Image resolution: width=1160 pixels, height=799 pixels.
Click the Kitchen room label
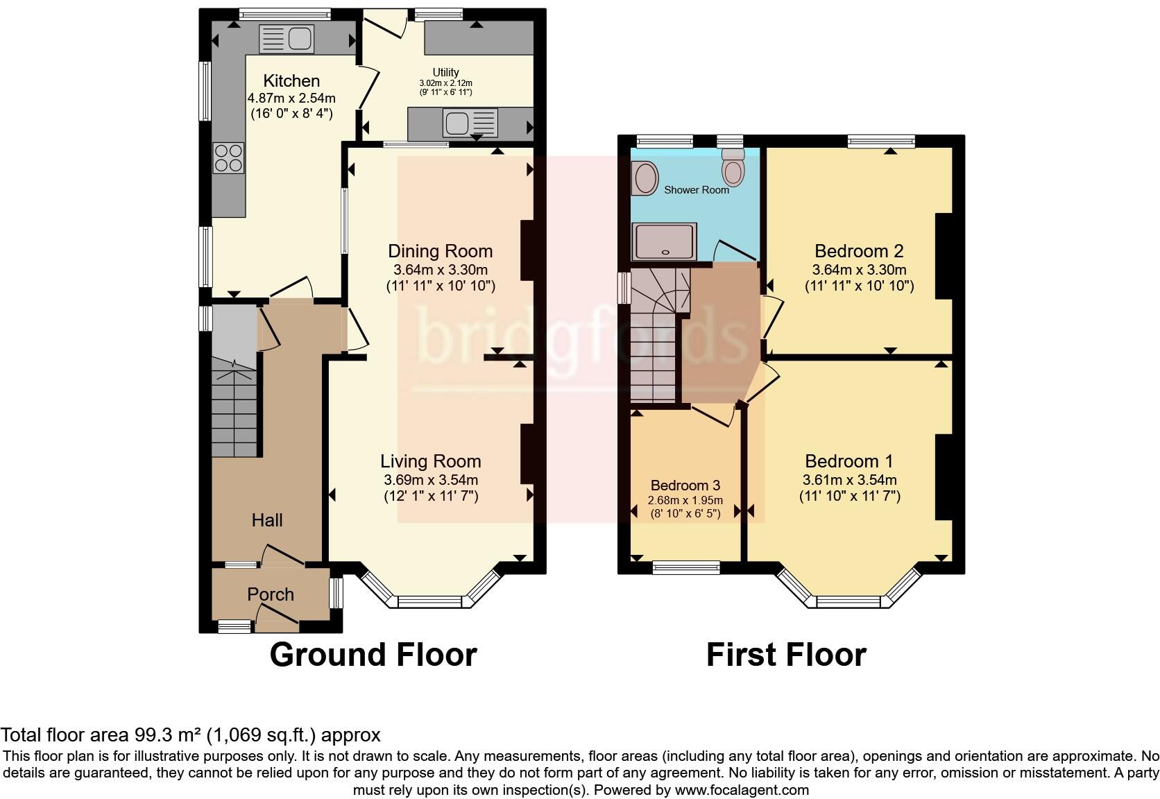tap(291, 81)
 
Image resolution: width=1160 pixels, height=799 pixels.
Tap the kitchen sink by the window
tap(286, 39)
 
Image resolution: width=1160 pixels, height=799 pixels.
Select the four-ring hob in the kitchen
tap(228, 157)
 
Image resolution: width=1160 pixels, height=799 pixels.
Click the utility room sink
tap(470, 123)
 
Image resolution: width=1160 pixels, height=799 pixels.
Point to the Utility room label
tap(445, 72)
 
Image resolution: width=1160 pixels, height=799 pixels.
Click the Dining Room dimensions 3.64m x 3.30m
tap(440, 270)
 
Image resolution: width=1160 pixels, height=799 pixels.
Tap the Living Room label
tap(430, 461)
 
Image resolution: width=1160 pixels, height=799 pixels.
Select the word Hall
tap(267, 520)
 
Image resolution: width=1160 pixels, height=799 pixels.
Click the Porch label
tap(271, 594)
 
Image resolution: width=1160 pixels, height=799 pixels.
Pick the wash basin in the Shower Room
tap(646, 178)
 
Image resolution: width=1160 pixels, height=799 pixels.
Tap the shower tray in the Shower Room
tap(664, 241)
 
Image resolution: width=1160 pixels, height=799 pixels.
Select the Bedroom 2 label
tap(859, 251)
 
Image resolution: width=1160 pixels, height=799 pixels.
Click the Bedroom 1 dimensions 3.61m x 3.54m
tap(849, 480)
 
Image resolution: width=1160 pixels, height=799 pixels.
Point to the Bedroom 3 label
tap(685, 486)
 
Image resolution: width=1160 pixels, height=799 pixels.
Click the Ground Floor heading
tap(373, 655)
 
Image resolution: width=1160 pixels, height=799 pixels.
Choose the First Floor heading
tap(785, 655)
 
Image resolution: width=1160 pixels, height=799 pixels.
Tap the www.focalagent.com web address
tap(741, 789)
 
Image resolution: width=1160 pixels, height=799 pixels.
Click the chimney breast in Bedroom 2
tap(944, 256)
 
